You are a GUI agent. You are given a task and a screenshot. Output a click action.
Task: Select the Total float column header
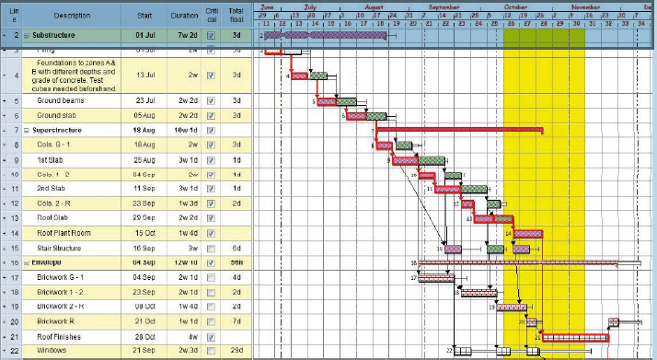(x=236, y=16)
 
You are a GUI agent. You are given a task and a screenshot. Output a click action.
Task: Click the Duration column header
(x=185, y=16)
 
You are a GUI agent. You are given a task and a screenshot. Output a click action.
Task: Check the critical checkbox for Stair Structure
(x=212, y=248)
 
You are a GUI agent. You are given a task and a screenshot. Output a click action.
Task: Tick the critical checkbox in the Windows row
(x=212, y=351)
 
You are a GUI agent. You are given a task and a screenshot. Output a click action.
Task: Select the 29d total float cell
(x=236, y=351)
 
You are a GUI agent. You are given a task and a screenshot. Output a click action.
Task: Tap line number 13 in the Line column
(x=17, y=218)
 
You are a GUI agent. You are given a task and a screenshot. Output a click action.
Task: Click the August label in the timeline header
(x=374, y=6)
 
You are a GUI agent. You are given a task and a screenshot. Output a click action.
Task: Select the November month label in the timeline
(x=583, y=6)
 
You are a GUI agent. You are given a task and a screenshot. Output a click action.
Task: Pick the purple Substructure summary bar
(x=322, y=35)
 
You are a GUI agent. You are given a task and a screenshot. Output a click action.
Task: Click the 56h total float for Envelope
(x=236, y=262)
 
